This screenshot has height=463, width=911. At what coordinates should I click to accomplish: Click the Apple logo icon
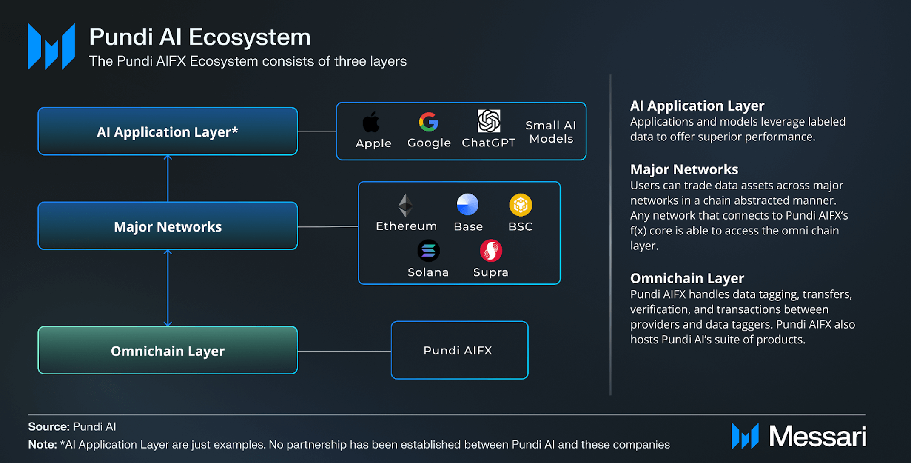(371, 122)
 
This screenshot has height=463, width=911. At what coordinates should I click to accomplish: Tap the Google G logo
(428, 122)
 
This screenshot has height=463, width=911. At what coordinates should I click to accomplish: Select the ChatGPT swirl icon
(489, 121)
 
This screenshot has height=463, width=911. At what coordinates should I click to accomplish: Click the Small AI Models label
(551, 132)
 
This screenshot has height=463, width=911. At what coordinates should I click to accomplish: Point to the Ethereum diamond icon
(406, 205)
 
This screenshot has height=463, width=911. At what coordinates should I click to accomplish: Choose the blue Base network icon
(467, 205)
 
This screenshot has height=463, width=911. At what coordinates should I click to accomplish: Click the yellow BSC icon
(520, 205)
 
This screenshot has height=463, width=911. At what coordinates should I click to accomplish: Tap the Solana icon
(428, 251)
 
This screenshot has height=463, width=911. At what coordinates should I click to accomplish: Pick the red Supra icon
(491, 251)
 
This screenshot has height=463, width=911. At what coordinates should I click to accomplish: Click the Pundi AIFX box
(459, 350)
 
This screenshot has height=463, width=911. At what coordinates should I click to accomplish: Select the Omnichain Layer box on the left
(168, 350)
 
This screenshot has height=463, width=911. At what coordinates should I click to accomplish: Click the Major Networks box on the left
(168, 226)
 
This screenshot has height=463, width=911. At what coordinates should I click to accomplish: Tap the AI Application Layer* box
(168, 131)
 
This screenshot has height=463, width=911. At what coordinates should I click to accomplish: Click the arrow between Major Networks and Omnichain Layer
(168, 288)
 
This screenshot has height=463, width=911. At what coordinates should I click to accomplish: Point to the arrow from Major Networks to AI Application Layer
(168, 179)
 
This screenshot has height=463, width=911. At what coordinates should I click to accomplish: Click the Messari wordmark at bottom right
(817, 436)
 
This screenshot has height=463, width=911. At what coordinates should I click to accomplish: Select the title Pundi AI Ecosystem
(200, 37)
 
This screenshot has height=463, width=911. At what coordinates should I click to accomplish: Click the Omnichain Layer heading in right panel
(687, 278)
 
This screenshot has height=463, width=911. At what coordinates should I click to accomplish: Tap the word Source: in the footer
(48, 426)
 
